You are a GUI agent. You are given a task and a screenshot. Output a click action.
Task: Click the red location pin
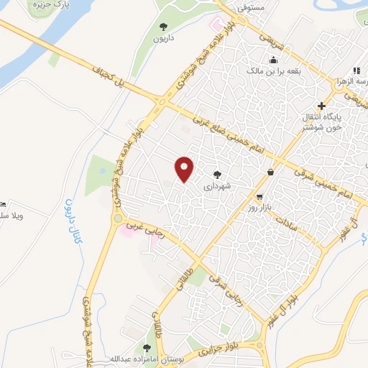tap(185, 170)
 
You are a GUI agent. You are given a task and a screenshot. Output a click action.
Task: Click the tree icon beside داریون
tap(163, 27)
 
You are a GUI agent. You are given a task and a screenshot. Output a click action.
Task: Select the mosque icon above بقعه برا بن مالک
tap(272, 60)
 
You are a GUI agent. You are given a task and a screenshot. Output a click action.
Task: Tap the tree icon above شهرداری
tap(217, 174)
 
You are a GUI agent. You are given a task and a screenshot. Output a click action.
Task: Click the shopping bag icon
tap(270, 172)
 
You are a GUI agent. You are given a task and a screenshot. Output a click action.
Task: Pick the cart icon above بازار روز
tap(259, 196)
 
